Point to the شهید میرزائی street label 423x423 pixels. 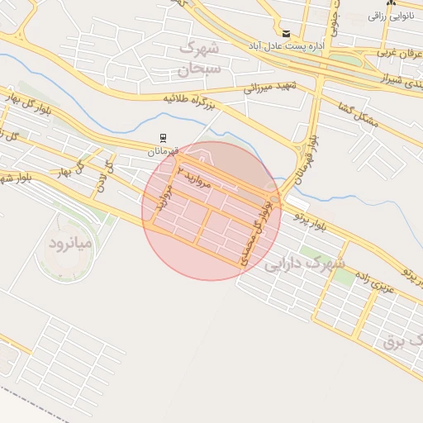click(x=270, y=86)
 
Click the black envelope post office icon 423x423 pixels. click(x=286, y=33)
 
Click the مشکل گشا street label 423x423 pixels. click(x=359, y=115)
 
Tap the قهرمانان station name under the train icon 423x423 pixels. click(x=163, y=151)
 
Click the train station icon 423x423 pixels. click(x=163, y=138)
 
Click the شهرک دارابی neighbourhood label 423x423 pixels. click(x=303, y=264)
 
